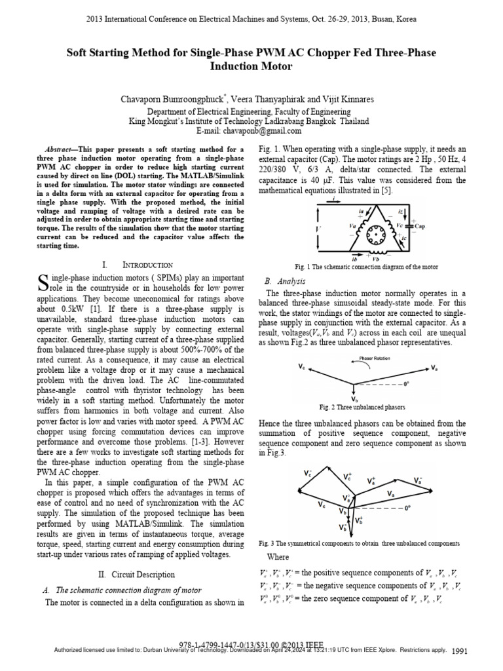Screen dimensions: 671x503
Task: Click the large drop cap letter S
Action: (x=46, y=282)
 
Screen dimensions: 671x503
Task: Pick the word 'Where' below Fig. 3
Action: (x=278, y=557)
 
